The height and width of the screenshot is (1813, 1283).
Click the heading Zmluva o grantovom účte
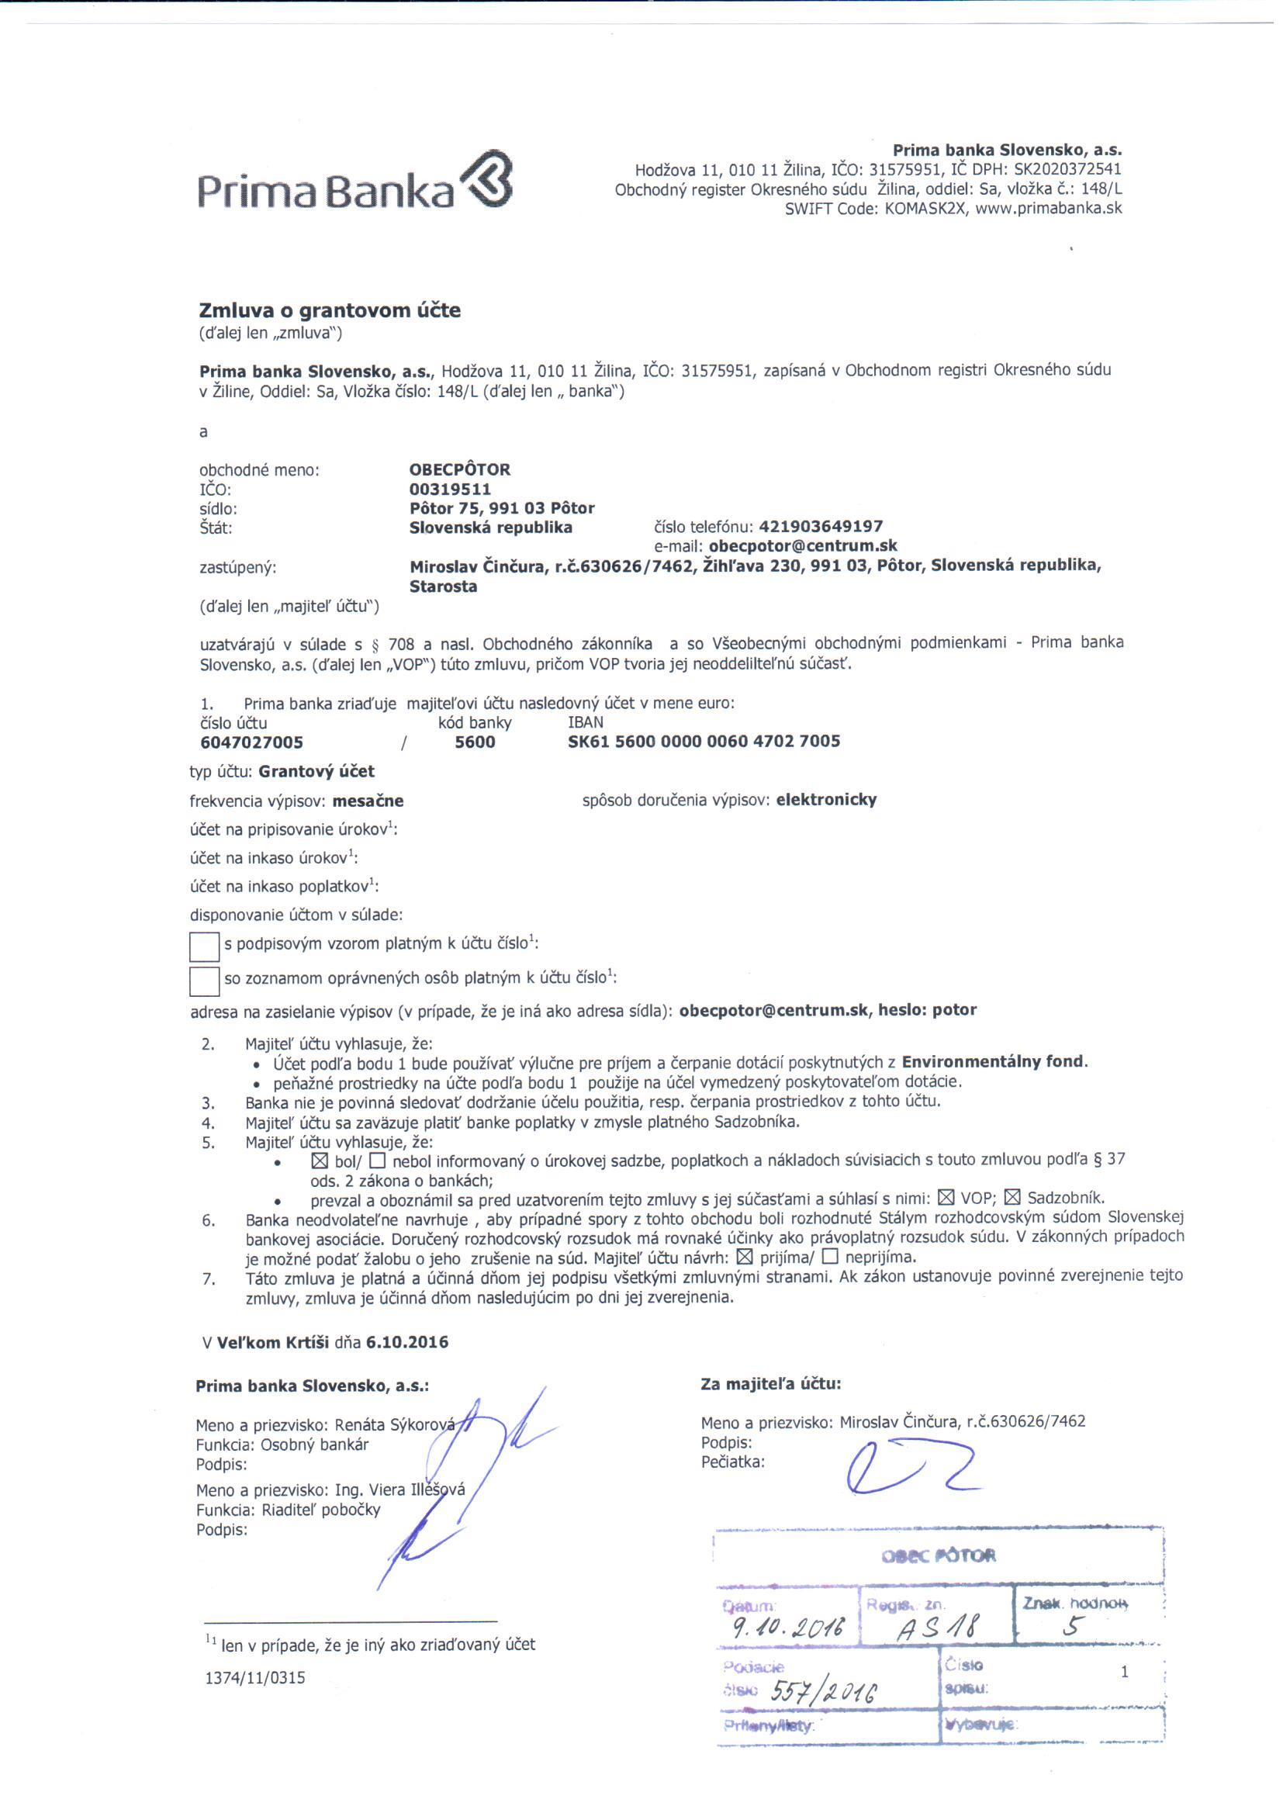330,310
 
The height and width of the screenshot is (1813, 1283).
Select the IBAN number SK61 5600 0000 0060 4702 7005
704,741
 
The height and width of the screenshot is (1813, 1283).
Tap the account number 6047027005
252,742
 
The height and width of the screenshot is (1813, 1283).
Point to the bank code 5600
475,742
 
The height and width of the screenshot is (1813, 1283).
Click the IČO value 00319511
451,489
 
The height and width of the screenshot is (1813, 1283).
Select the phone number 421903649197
821,526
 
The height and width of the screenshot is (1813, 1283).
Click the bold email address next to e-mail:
803,546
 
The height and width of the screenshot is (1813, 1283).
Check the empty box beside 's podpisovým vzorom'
204,946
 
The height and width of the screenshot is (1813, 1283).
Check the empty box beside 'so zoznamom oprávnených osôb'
204,981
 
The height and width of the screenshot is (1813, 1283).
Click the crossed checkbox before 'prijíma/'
743,1256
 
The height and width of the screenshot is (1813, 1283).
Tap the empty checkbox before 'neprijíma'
829,1256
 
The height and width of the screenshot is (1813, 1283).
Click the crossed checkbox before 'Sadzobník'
1012,1197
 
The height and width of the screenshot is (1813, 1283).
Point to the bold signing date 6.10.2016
407,1342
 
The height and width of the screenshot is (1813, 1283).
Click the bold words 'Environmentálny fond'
994,1062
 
